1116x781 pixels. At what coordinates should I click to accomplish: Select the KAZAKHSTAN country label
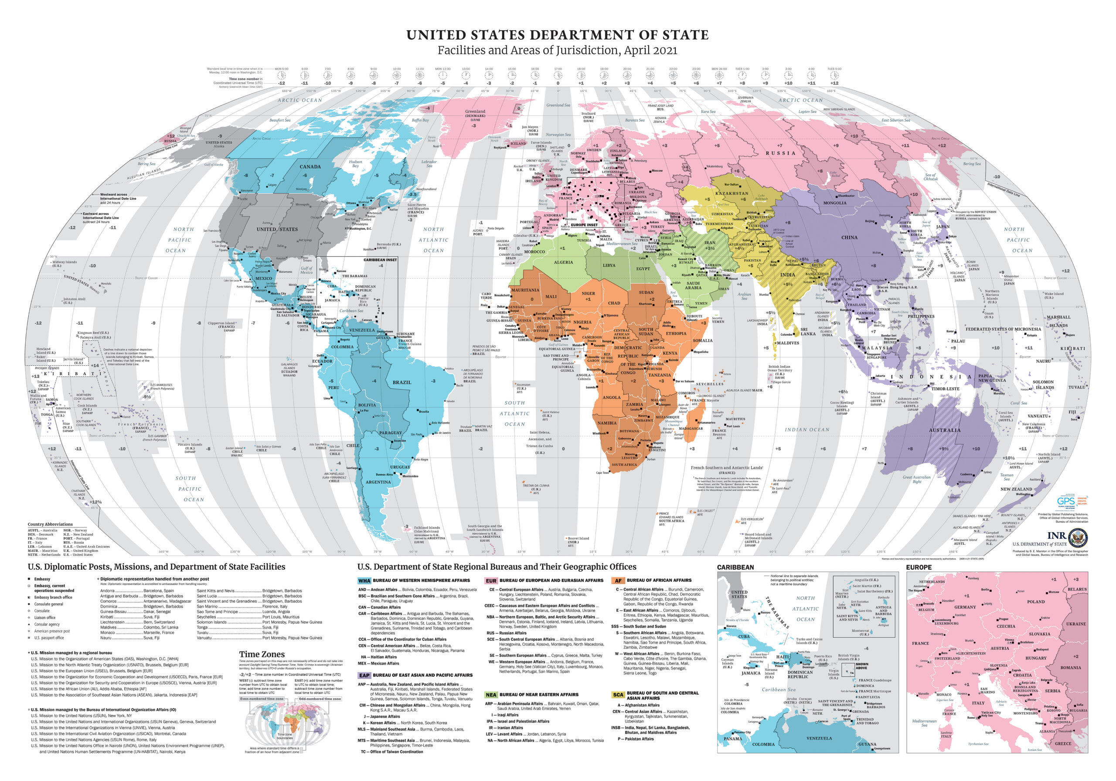[732, 194]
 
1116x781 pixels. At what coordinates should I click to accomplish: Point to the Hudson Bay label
[355, 164]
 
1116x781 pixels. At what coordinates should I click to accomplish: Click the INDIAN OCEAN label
[807, 430]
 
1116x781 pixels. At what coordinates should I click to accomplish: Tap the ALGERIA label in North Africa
[563, 262]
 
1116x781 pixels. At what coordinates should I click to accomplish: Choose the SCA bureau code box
[618, 695]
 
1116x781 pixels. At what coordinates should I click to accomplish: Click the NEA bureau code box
[491, 695]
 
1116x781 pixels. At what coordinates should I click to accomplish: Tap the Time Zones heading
[262, 655]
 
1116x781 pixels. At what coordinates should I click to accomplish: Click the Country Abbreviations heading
[50, 524]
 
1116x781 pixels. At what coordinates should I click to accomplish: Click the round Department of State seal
[1079, 538]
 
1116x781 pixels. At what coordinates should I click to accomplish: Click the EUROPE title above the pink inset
[919, 567]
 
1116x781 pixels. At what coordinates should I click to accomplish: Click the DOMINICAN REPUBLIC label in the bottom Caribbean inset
[800, 675]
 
